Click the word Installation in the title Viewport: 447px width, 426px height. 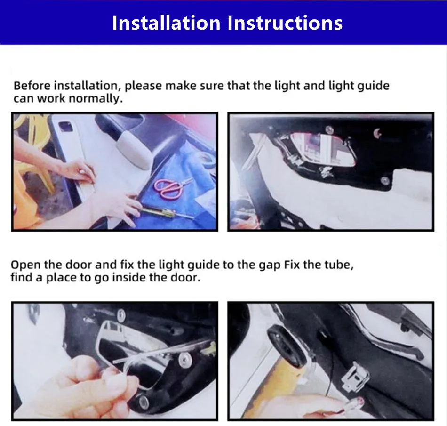click(x=166, y=23)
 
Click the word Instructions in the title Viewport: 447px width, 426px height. click(x=285, y=23)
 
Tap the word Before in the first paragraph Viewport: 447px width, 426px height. click(x=32, y=86)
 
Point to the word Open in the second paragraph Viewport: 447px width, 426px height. click(x=26, y=265)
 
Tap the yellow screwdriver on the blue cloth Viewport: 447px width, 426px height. click(x=167, y=213)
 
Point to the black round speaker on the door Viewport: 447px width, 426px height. click(x=287, y=346)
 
